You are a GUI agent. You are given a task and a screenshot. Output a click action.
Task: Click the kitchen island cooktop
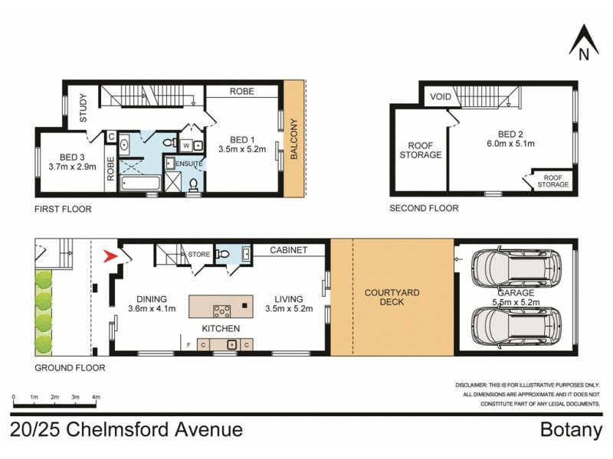point(221,310)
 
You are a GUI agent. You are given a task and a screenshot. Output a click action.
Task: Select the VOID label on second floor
point(440,97)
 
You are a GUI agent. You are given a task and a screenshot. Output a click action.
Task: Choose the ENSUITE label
point(189,164)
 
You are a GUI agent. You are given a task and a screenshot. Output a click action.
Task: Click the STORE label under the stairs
point(199,255)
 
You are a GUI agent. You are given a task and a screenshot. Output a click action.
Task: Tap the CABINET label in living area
point(289,250)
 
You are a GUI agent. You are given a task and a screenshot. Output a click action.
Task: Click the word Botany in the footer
point(572,430)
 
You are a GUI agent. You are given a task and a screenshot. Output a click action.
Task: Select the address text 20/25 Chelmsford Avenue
point(126,430)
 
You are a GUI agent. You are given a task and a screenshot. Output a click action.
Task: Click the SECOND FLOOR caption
point(424,208)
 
